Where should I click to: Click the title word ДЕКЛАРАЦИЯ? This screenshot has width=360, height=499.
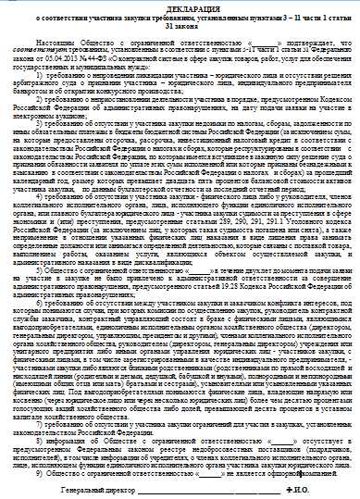coord(180,7)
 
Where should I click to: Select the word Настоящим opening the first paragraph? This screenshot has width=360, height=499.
coord(42,44)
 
